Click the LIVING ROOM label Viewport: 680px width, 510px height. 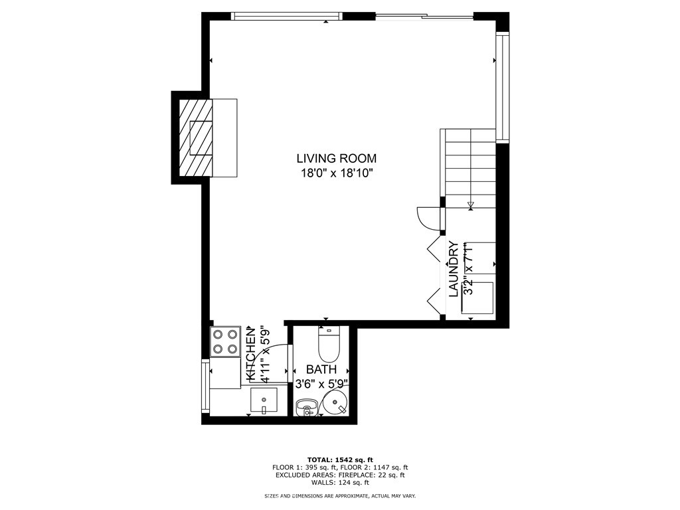[336, 159]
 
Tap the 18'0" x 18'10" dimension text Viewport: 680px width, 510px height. [336, 173]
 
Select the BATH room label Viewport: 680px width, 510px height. [321, 369]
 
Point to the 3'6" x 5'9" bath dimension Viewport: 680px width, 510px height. [321, 384]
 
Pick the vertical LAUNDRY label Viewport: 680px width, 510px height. [454, 269]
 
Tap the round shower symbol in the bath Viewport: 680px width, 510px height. [335, 402]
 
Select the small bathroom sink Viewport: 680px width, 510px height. [306, 406]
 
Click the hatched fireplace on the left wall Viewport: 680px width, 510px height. [196, 137]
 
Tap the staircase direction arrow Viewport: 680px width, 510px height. [471, 205]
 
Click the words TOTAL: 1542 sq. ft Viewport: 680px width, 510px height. [340, 460]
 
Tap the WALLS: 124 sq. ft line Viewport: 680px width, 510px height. [340, 483]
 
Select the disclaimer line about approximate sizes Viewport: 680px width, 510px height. [340, 496]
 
